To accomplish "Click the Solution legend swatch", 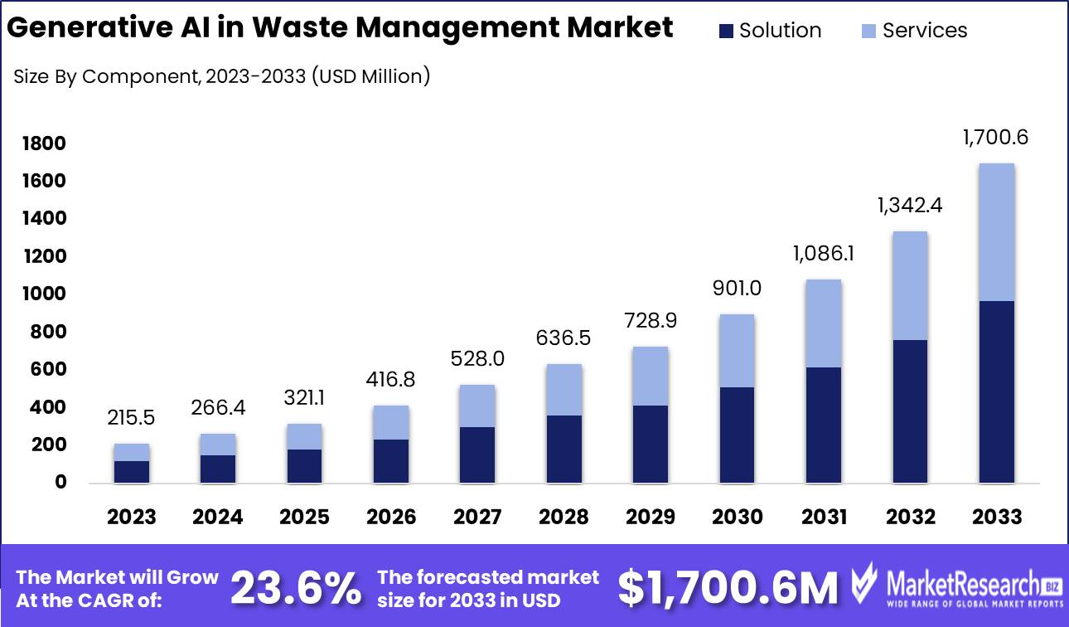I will (727, 32).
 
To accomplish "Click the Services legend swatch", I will (869, 32).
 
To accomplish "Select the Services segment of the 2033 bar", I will (997, 232).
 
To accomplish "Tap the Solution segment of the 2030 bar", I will (738, 435).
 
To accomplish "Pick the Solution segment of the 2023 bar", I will (132, 471).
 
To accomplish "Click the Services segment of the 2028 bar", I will (564, 390).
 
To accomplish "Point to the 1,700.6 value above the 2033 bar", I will (995, 138).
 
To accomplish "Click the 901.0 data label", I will (737, 289).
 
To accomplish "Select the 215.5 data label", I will (131, 418).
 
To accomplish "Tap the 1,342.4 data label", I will (909, 205).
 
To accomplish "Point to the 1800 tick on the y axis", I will (44, 144).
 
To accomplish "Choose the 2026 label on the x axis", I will (391, 518).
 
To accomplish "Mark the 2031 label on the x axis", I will (824, 518).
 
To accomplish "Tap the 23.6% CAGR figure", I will (296, 588).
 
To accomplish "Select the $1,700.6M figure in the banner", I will (728, 588).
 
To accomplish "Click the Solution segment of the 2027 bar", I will (477, 454).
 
